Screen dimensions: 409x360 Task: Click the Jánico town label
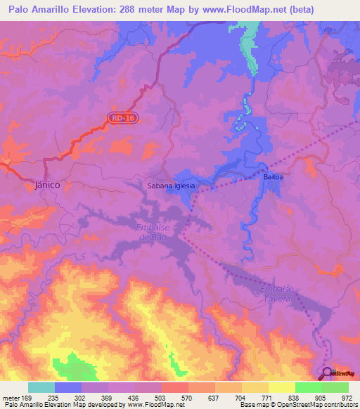click(47, 184)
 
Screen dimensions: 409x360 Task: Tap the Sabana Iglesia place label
click(170, 186)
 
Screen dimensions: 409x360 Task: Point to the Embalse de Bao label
click(152, 232)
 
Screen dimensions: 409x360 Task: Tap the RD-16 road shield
click(122, 118)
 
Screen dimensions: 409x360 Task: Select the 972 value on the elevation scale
click(348, 398)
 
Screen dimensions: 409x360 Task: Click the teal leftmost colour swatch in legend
click(41, 387)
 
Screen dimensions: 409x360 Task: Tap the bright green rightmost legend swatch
click(335, 387)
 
